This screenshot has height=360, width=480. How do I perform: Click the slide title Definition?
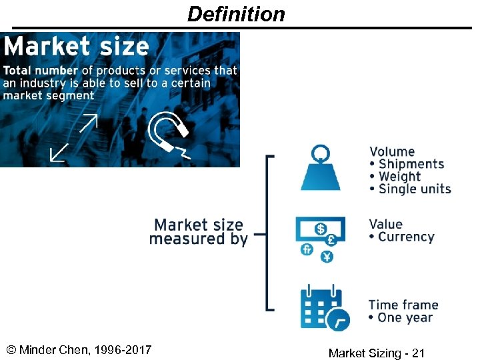(x=236, y=14)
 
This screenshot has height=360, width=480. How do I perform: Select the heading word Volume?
(x=392, y=152)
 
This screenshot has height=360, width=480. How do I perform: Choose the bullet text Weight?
(x=400, y=177)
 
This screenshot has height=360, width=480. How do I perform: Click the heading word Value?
(x=386, y=224)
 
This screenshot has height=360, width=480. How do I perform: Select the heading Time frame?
(x=403, y=305)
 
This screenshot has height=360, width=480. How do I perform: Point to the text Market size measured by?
(x=199, y=232)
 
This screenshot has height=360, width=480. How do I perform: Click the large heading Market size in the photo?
(x=76, y=47)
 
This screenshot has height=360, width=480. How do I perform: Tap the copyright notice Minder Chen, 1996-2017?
(x=79, y=350)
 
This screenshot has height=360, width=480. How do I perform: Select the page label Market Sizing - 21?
(x=376, y=353)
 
